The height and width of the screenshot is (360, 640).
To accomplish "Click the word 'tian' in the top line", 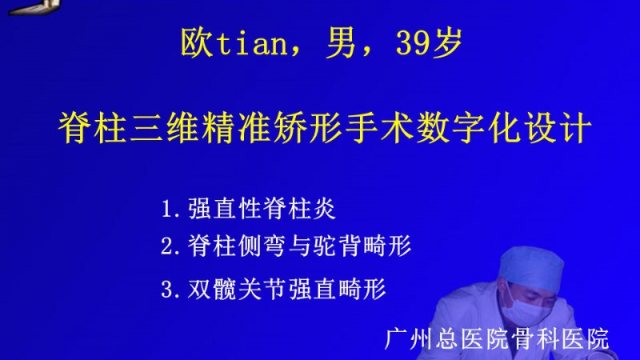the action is point(252,43).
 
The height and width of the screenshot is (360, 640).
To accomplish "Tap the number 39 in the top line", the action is point(412,43).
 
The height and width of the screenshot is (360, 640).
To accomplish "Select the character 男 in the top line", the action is point(341,43).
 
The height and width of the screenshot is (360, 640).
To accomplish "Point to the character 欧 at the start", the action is point(196,43).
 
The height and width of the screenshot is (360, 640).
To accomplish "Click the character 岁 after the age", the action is point(447,43).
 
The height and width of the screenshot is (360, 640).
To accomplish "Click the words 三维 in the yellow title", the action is point(165,128).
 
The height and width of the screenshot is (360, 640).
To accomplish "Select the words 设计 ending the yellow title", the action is point(558,128).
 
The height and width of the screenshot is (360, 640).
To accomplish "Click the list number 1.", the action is point(167,209).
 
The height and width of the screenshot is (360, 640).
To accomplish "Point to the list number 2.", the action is point(167,246).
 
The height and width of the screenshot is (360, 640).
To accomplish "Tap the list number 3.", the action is point(167,290).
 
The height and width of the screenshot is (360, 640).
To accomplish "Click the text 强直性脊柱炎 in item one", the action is point(262,209).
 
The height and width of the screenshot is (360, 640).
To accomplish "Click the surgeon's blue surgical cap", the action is point(530,267).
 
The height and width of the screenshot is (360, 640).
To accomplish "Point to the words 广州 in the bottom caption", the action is point(409,338).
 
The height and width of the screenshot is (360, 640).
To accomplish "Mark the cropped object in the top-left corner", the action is point(34,6).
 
